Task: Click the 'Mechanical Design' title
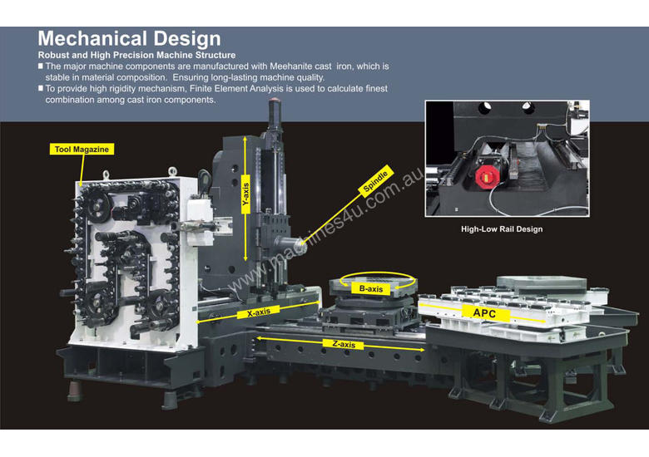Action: click(130, 39)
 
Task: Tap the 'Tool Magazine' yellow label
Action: click(81, 150)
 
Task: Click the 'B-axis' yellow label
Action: click(370, 288)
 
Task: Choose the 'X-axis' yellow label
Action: click(260, 314)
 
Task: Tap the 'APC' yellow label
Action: click(484, 313)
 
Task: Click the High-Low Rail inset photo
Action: click(507, 159)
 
